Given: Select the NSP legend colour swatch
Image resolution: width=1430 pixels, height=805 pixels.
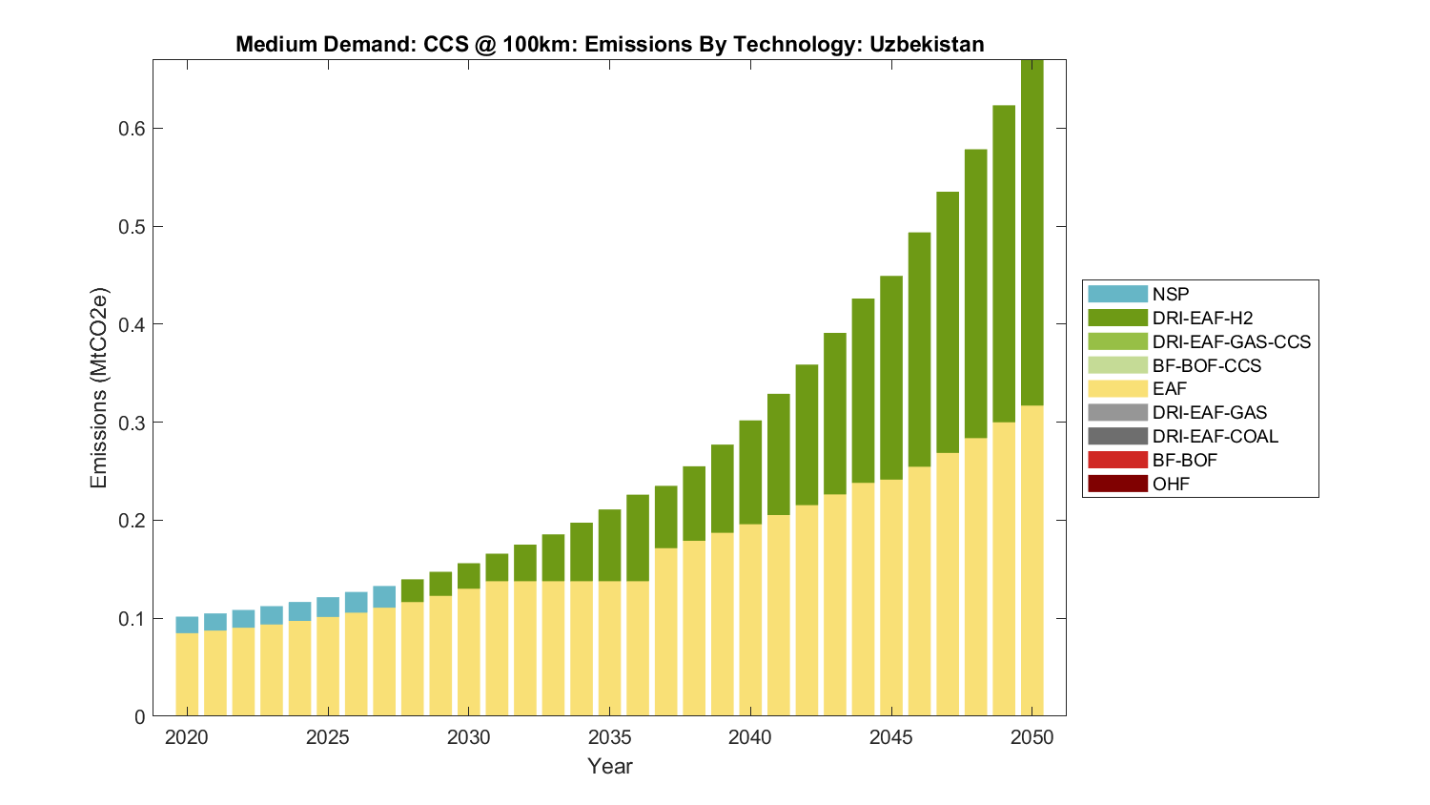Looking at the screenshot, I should point(1117,295).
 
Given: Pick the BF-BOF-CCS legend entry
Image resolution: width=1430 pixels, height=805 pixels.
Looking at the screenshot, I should point(1206,365).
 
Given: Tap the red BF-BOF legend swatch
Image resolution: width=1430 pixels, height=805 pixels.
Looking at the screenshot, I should point(1117,460).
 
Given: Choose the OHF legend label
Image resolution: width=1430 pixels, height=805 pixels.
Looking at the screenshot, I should point(1171,484).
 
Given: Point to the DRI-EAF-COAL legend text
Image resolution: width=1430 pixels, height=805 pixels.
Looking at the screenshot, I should point(1215,436).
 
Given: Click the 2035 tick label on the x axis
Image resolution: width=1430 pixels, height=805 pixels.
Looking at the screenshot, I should point(609,737).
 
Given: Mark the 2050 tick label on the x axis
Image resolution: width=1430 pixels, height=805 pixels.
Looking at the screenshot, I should point(1032,737).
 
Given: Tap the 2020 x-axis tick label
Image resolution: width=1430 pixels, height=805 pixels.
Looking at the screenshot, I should point(187,737).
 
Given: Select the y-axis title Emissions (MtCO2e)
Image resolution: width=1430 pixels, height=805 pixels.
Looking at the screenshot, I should point(99,387).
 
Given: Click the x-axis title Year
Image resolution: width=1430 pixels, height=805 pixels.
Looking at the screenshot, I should point(609,766).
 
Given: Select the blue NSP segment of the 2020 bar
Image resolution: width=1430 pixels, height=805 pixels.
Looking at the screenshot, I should point(187,625).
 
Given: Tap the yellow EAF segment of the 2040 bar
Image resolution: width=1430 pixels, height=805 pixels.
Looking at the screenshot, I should point(750,620).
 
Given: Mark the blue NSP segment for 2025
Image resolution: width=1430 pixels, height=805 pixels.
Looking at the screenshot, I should point(328,607).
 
